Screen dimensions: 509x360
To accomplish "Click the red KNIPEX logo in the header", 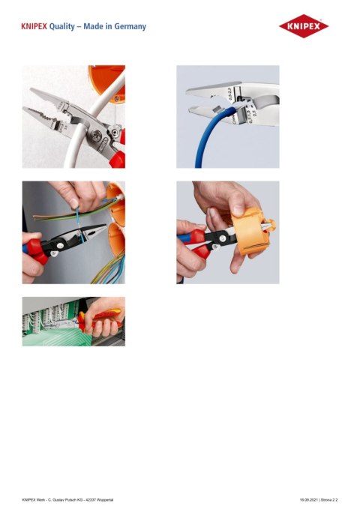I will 304,27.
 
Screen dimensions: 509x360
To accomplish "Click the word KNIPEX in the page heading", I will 34,27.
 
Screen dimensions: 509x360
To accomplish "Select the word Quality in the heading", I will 65,27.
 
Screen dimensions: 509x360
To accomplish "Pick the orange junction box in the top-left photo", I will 112,79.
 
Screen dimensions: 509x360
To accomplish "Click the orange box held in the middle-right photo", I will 248,232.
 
